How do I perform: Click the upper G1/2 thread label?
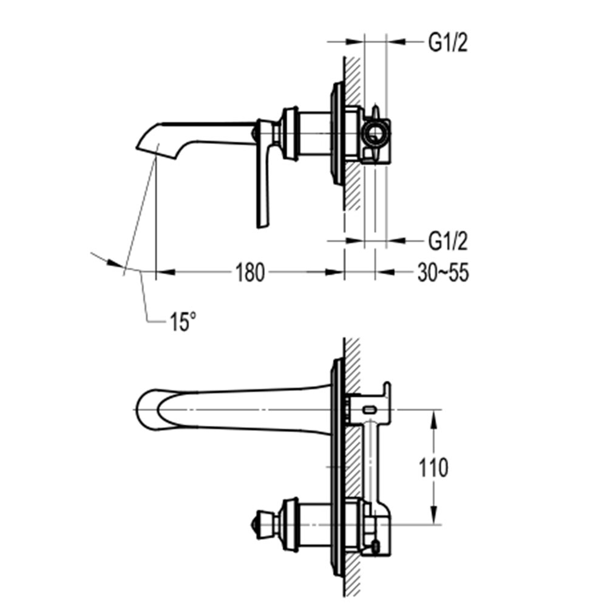point(448,42)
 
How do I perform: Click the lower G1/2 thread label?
point(448,241)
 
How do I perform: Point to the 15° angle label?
point(183,322)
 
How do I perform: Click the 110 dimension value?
point(433,467)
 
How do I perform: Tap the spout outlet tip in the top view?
point(137,148)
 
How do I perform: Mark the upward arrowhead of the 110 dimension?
point(434,419)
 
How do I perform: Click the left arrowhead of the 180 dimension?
point(165,272)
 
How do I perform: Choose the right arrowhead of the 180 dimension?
point(335,272)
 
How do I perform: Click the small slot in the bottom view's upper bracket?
point(370,409)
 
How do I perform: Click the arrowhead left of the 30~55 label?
point(385,272)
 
